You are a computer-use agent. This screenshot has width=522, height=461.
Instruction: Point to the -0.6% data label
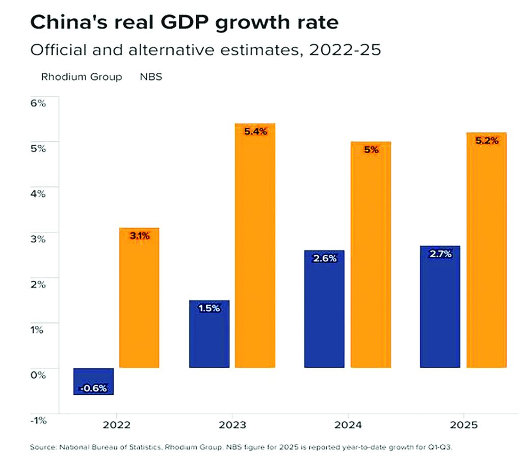pyautogui.click(x=93, y=388)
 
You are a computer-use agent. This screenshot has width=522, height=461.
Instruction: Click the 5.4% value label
pyautogui.click(x=255, y=131)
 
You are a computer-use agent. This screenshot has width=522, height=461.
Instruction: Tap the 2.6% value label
pyautogui.click(x=325, y=258)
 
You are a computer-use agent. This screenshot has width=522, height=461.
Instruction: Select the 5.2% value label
pyautogui.click(x=486, y=141)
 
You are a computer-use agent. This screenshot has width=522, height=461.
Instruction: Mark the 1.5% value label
pyautogui.click(x=209, y=308)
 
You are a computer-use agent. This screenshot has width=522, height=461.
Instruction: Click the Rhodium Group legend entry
pyautogui.click(x=82, y=77)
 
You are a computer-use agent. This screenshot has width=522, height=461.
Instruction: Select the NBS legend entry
pyautogui.click(x=151, y=77)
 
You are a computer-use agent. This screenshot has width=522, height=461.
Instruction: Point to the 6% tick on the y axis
pyautogui.click(x=38, y=103)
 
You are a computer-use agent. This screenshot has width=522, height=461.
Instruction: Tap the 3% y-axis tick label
pyautogui.click(x=38, y=239)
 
